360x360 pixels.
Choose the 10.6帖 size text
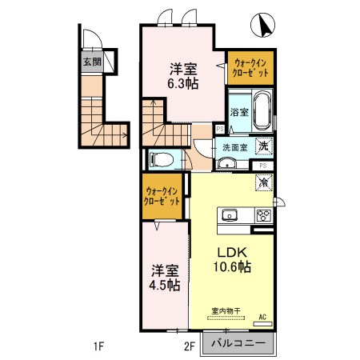click(x=230, y=266)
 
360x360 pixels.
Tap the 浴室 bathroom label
click(x=238, y=112)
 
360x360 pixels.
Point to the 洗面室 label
click(x=234, y=147)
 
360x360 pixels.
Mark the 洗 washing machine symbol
click(x=262, y=146)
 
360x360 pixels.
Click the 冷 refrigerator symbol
click(x=262, y=182)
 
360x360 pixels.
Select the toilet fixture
click(x=161, y=158)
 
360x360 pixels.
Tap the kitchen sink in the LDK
click(x=230, y=215)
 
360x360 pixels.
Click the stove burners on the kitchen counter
click(x=262, y=214)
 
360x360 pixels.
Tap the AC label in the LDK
click(x=262, y=318)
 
